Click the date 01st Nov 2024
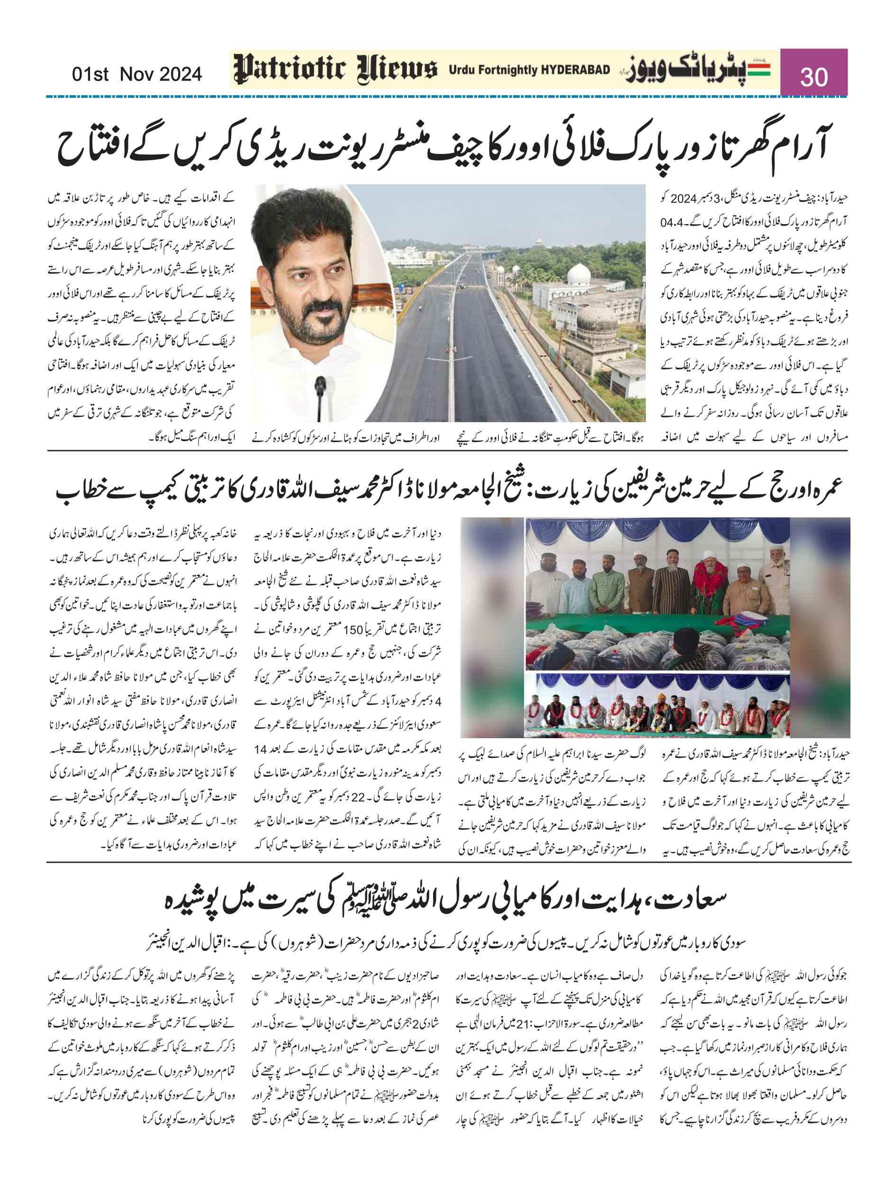136,73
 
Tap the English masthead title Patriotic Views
334,70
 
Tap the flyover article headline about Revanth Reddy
443,146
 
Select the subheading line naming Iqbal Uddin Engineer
446,943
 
